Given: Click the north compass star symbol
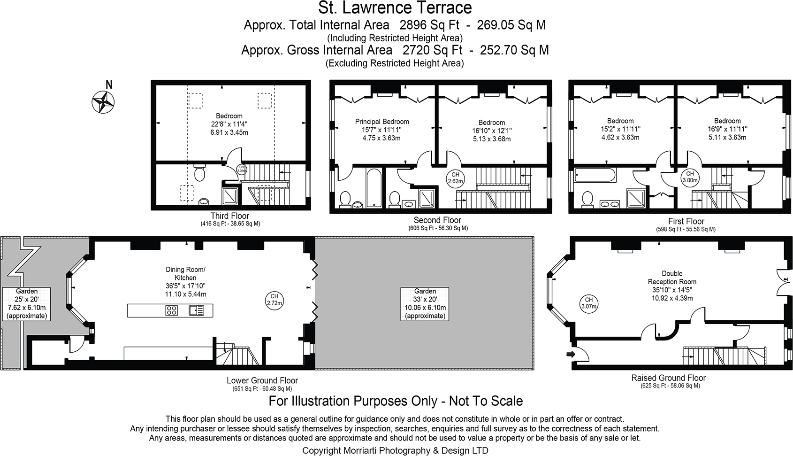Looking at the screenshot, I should pyautogui.click(x=103, y=100).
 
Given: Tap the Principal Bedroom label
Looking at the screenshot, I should pyautogui.click(x=382, y=122).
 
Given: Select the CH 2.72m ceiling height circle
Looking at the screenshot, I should pyautogui.click(x=274, y=300).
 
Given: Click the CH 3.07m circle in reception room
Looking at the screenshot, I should pyautogui.click(x=588, y=303).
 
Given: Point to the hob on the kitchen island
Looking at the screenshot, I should pyautogui.click(x=171, y=310).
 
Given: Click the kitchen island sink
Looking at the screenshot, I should pyautogui.click(x=197, y=310).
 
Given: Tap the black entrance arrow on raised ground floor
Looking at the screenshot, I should pyautogui.click(x=571, y=354).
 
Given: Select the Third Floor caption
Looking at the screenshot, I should pyautogui.click(x=229, y=216).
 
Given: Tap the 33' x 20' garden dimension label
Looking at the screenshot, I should pyautogui.click(x=425, y=299).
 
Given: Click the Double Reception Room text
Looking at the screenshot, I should pyautogui.click(x=672, y=278).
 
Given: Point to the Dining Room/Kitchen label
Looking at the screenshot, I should pyautogui.click(x=185, y=274).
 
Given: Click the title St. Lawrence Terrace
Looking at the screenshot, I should pyautogui.click(x=395, y=8).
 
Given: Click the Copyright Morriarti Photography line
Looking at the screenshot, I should pyautogui.click(x=395, y=450).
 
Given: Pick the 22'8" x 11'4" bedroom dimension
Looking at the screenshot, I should pyautogui.click(x=229, y=124).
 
